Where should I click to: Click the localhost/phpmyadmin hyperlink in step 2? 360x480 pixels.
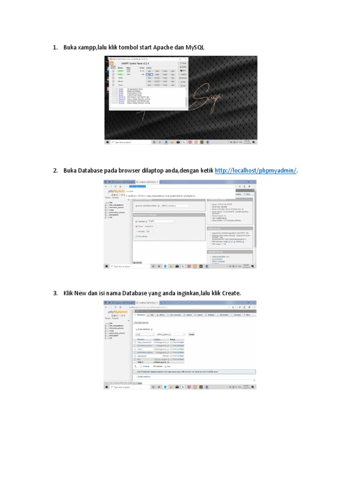[x=255, y=171]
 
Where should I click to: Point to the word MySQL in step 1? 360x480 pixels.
[x=195, y=48]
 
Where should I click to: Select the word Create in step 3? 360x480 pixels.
[x=231, y=293]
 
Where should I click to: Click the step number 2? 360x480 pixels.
[x=55, y=171]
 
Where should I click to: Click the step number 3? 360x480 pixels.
[x=55, y=293]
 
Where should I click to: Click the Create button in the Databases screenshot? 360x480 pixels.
[x=191, y=334]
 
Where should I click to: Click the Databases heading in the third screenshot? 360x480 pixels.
[x=141, y=323]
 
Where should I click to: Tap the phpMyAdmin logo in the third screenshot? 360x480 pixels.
[x=118, y=312]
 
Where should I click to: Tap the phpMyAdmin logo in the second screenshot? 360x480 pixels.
[x=118, y=191]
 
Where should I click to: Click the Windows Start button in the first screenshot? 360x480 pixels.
[x=107, y=142]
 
